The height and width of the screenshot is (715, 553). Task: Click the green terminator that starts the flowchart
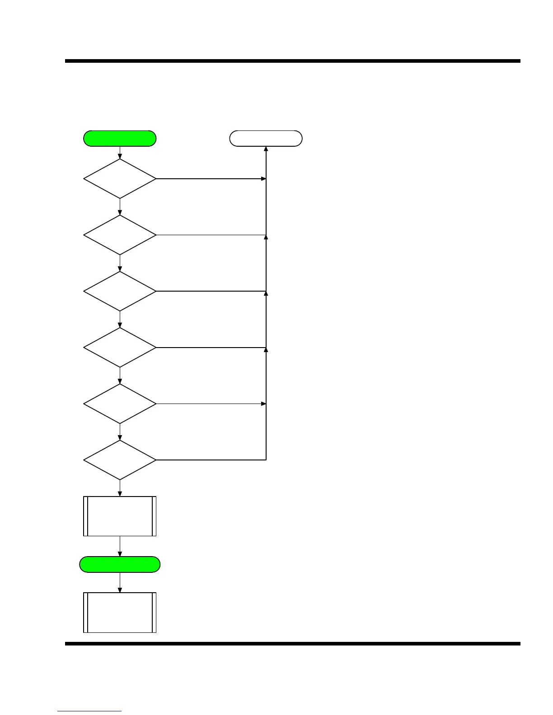point(120,139)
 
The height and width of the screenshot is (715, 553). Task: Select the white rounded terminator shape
point(266,139)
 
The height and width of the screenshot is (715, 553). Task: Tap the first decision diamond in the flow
point(120,179)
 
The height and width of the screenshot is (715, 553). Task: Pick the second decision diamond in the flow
point(120,235)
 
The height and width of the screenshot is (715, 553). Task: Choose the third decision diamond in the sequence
point(120,291)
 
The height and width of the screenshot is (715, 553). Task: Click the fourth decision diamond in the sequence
point(120,348)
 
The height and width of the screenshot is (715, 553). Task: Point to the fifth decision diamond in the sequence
point(120,404)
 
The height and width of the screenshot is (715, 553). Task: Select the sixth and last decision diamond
point(120,460)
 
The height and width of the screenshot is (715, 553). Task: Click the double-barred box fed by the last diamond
point(120,516)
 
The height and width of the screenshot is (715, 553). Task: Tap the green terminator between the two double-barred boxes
point(120,565)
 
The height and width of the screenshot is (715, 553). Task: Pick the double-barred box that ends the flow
point(120,613)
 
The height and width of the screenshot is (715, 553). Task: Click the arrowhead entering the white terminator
point(266,149)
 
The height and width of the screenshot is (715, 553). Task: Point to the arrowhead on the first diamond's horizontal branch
point(263,179)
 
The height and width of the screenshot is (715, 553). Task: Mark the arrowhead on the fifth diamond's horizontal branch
point(263,404)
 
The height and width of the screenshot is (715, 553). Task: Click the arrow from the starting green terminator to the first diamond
point(120,153)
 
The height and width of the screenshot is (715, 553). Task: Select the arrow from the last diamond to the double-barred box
point(120,488)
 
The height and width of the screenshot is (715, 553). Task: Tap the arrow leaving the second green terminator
point(120,583)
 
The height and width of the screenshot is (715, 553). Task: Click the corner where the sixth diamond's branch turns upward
point(266,460)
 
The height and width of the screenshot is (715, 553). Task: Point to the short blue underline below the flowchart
point(89,711)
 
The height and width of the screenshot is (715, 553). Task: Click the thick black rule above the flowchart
point(293,61)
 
